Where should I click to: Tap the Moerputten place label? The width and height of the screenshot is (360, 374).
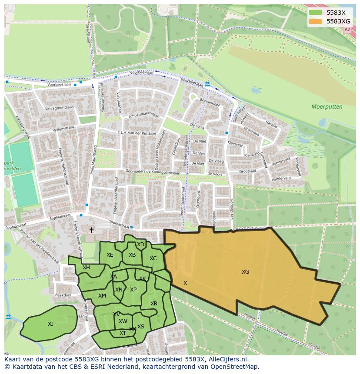(x=327, y=106)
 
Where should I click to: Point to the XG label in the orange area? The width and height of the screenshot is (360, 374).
(x=246, y=272)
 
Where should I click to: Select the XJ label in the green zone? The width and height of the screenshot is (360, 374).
(x=51, y=324)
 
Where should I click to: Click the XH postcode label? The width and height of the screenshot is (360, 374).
(x=86, y=268)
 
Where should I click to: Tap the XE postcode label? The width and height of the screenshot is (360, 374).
(x=110, y=255)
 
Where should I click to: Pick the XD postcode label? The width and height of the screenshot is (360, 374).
(x=140, y=245)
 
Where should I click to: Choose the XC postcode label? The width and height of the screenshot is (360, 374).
(x=153, y=258)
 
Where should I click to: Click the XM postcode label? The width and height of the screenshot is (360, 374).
(x=102, y=296)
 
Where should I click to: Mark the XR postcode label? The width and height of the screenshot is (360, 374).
(x=154, y=304)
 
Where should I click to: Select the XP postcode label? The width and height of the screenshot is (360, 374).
(x=133, y=290)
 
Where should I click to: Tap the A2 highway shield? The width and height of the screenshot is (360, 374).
(x=347, y=30)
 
